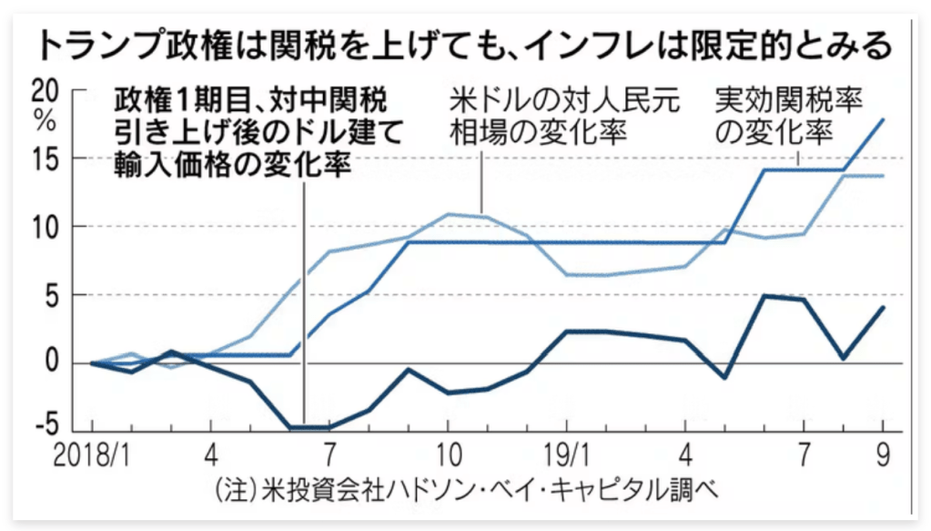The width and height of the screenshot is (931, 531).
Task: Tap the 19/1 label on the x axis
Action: point(566,454)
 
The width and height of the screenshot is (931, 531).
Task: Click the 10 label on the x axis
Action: point(447,454)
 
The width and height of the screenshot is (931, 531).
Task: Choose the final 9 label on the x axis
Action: point(882,454)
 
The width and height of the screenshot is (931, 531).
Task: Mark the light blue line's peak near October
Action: point(448,214)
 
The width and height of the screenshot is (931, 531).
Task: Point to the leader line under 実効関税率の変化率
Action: point(799,157)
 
